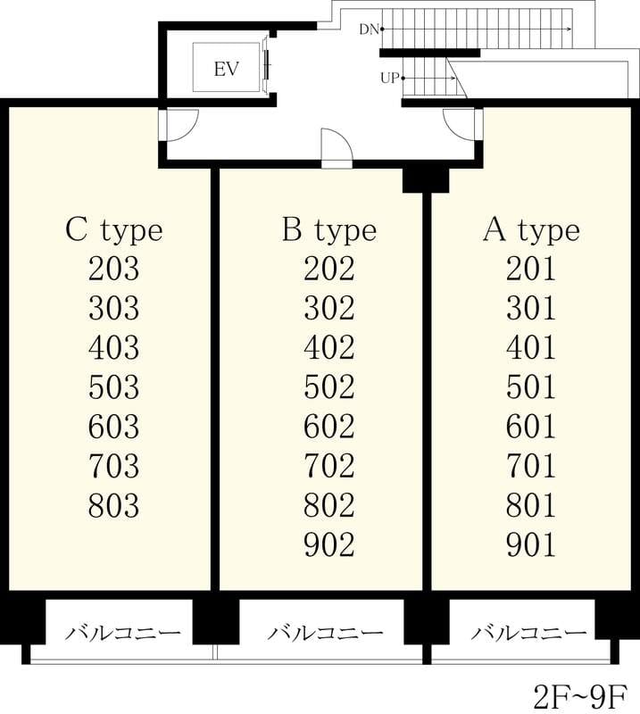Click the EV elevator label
pyautogui.click(x=226, y=70)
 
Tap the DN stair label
pyautogui.click(x=369, y=29)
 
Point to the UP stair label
pyautogui.click(x=389, y=79)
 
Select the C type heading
pyautogui.click(x=114, y=231)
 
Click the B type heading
pyautogui.click(x=329, y=231)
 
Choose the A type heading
pyautogui.click(x=531, y=231)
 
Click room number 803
pyautogui.click(x=114, y=505)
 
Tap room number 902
pyautogui.click(x=329, y=545)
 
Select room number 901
pyautogui.click(x=531, y=545)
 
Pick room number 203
pyautogui.click(x=114, y=269)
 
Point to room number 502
pyautogui.click(x=329, y=387)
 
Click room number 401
pyautogui.click(x=531, y=347)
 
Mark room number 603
pyautogui.click(x=114, y=427)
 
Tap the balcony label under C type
pyautogui.click(x=123, y=633)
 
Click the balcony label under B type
pyautogui.click(x=325, y=633)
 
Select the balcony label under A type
pyautogui.click(x=528, y=633)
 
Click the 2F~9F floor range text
pyautogui.click(x=580, y=695)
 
